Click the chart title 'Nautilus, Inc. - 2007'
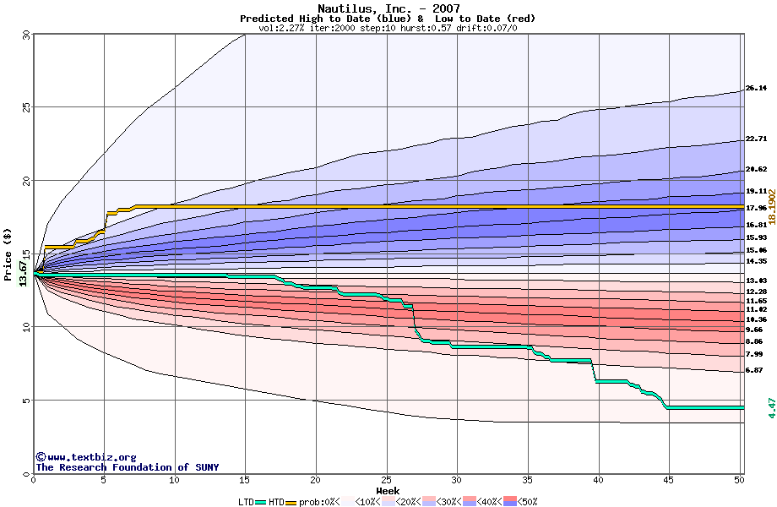tap(388, 8)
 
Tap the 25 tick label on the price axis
tap(25, 107)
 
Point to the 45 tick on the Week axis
tap(668, 480)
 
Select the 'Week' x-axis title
tap(388, 490)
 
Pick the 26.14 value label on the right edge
tap(756, 88)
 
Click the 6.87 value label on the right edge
tap(754, 370)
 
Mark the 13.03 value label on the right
tap(756, 280)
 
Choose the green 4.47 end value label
tap(770, 407)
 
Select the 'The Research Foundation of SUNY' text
tap(124, 467)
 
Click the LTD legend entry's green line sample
tap(260, 501)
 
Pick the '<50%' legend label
tap(526, 501)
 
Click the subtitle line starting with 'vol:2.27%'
tap(388, 28)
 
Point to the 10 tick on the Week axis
tap(175, 480)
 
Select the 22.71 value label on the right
tap(756, 139)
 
